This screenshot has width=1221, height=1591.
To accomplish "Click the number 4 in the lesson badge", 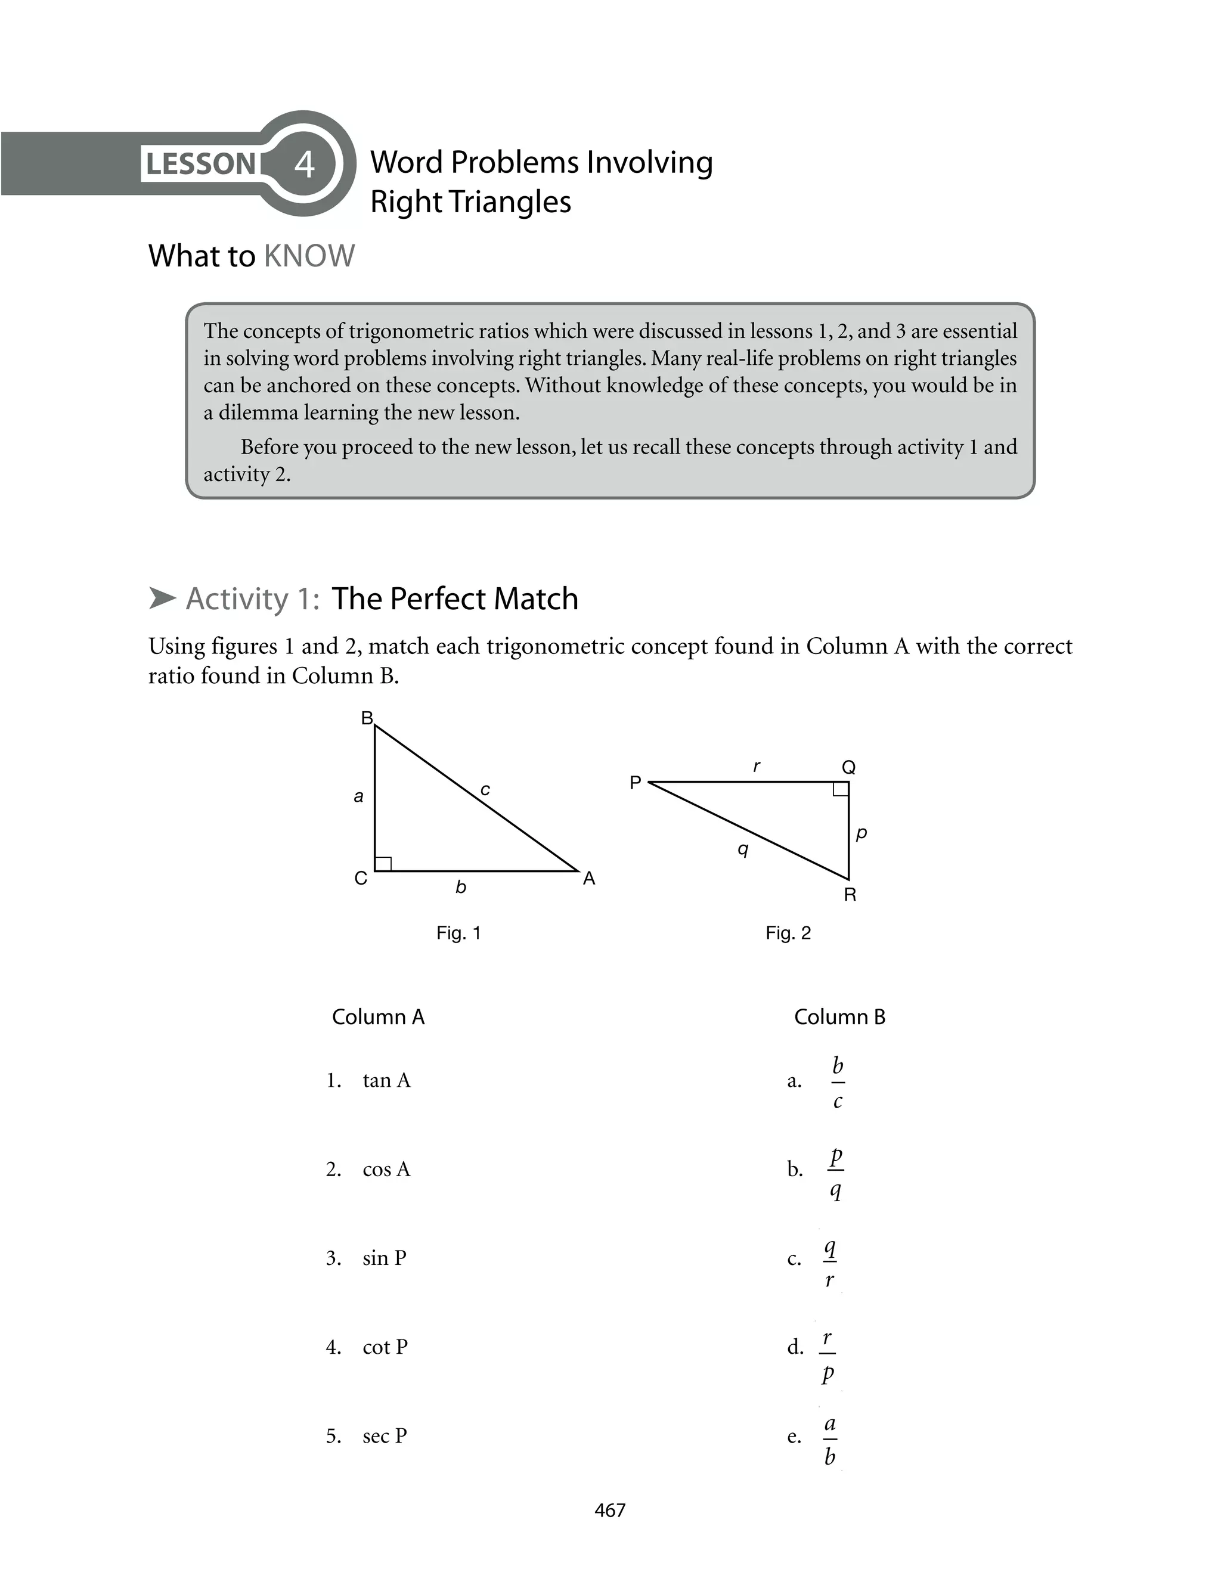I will point(305,164).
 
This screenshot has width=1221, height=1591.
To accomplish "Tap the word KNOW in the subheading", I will point(309,256).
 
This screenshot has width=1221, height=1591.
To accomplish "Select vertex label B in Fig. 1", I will point(367,718).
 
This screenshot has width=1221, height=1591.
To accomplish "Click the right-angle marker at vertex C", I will point(383,863).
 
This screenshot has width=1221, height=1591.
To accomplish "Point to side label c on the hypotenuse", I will point(485,790).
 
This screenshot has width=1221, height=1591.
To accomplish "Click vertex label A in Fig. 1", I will point(588,878).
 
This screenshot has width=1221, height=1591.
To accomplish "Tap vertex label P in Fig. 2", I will point(635,783).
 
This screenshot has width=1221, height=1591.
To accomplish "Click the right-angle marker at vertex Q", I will point(840,790).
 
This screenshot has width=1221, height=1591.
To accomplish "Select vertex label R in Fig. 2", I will point(850,895).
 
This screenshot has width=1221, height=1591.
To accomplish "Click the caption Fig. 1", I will point(458,933).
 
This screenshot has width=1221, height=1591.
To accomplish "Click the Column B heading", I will point(839,1016).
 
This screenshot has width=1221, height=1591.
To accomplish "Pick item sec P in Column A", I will point(385,1436).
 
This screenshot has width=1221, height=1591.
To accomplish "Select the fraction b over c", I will point(837,1083).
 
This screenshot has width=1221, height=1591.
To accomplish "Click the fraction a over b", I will point(829,1440).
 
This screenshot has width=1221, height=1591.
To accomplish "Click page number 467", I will point(610,1510).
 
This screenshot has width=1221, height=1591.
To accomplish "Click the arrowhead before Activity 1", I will point(163,598).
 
